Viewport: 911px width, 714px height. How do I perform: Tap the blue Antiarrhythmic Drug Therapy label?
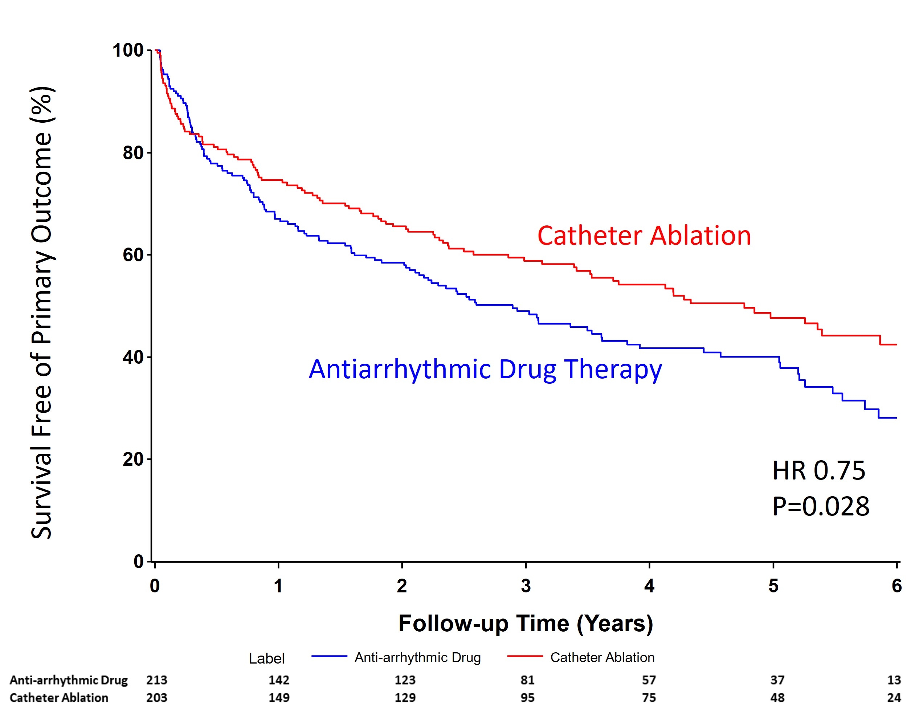(x=485, y=370)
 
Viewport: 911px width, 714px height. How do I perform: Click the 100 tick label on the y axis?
(x=128, y=50)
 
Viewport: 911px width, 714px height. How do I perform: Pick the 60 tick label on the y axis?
(x=133, y=254)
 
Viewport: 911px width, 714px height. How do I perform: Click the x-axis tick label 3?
(x=526, y=586)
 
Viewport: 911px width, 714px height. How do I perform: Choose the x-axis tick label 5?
(x=773, y=586)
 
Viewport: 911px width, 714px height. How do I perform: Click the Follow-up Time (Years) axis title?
(x=526, y=623)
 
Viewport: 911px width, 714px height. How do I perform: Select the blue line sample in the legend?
(x=329, y=656)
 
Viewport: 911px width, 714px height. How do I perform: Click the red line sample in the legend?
(x=525, y=656)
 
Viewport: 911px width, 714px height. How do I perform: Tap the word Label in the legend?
(x=267, y=658)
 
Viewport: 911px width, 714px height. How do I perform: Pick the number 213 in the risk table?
(x=157, y=680)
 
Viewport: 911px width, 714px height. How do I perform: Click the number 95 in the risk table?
(x=527, y=698)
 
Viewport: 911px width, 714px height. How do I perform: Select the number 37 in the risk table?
(x=777, y=680)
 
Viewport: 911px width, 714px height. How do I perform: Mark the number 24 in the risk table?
(x=894, y=698)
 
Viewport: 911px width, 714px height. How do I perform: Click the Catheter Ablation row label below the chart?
(x=59, y=698)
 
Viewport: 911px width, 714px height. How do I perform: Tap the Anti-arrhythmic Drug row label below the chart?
(x=69, y=680)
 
